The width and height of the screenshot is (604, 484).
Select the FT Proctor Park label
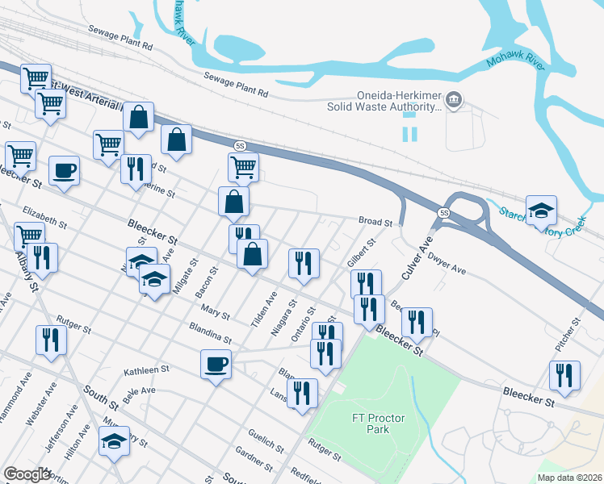point(371,423)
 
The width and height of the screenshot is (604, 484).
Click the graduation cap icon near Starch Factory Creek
point(541,211)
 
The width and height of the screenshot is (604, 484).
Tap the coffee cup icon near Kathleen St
point(216,364)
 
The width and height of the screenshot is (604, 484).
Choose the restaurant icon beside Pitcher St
point(564,375)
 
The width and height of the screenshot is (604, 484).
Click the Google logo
point(27,474)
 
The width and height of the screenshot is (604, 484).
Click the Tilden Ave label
point(264,309)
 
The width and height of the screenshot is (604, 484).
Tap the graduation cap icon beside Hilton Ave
point(114,440)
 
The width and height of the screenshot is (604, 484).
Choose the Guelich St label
point(266,441)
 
